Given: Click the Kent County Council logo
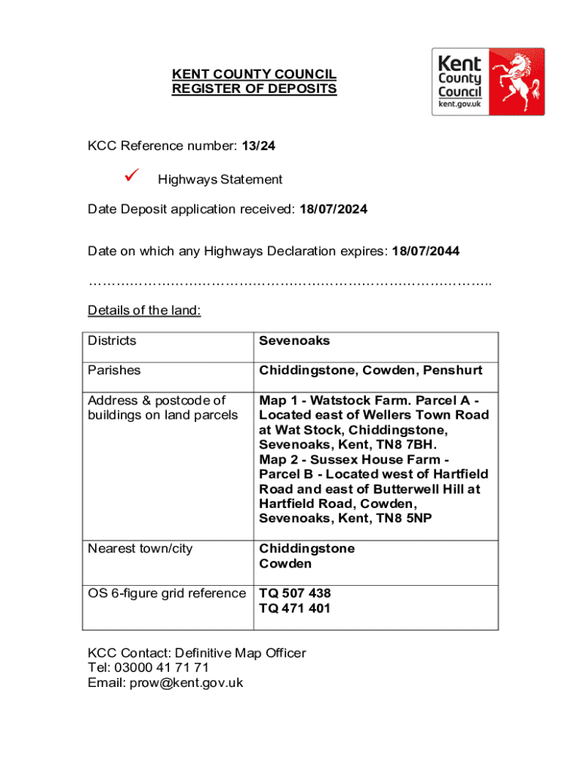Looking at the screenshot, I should click(x=487, y=82).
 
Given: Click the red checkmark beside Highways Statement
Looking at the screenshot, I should click(x=131, y=177).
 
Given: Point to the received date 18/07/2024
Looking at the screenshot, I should click(x=333, y=209).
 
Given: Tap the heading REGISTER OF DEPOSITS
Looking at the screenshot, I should click(x=254, y=89).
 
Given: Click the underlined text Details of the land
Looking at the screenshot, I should click(x=144, y=310).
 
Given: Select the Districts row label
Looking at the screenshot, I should click(x=112, y=340).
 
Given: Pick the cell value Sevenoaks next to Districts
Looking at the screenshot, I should click(x=295, y=340).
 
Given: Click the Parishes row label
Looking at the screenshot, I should click(x=114, y=371).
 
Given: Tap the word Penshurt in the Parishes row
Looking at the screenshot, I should click(x=452, y=371).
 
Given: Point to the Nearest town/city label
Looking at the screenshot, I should click(x=140, y=549).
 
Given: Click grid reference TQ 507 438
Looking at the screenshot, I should click(x=295, y=593).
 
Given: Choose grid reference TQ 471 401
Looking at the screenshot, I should click(x=295, y=608).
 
